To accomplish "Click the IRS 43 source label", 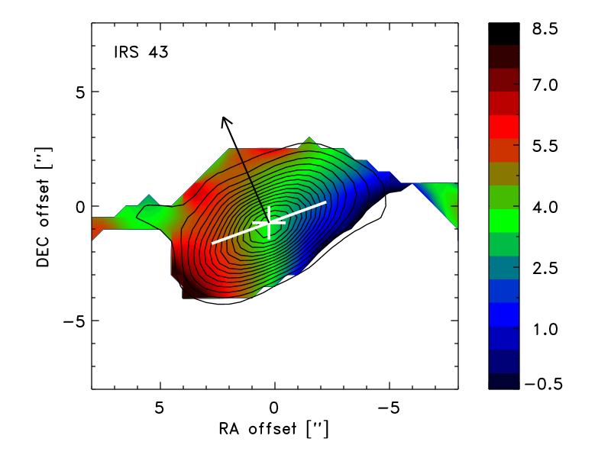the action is click(141, 52).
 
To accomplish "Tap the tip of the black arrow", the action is click(223, 117).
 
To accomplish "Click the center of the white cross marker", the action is click(270, 223).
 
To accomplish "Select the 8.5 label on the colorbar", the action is click(545, 29).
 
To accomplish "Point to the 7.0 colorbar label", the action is click(545, 85).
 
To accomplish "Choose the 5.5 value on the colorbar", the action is click(545, 146).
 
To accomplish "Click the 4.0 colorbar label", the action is click(545, 207).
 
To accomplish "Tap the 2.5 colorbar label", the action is click(545, 268).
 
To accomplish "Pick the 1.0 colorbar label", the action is click(545, 329).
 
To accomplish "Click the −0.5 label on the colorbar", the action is click(543, 384).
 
